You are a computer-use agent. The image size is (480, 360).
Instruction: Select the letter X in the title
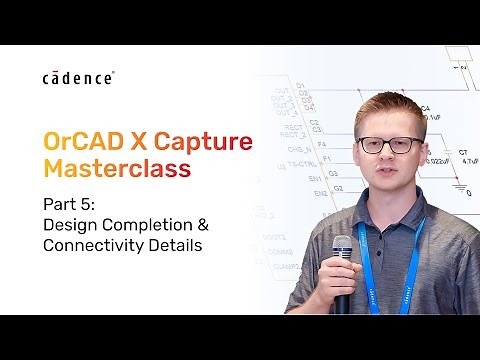pos(142,139)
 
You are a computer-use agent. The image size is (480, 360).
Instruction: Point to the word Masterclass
pos(109,170)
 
